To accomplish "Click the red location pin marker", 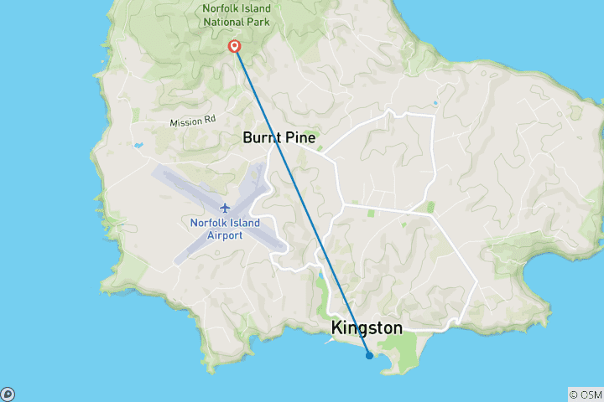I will coord(236,46).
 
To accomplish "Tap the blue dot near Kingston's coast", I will coord(369,355).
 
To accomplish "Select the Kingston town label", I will coord(367,328).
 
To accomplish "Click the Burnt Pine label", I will coord(279,137).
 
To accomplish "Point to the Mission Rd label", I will coord(192,122).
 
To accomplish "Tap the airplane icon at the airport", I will coord(225,207).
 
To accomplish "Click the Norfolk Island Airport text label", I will coord(225,229).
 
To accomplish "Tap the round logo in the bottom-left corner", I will coord(8,394).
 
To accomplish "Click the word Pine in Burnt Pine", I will coord(299,137).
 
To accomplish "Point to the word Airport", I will coord(225,235).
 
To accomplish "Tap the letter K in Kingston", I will coord(337,328).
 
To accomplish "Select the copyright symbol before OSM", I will coord(573,394).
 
